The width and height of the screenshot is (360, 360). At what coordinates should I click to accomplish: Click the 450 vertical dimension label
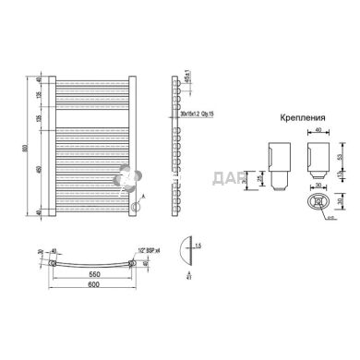coord(39,171)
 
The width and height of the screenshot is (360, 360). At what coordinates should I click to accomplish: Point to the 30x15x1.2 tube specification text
coord(196,114)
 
